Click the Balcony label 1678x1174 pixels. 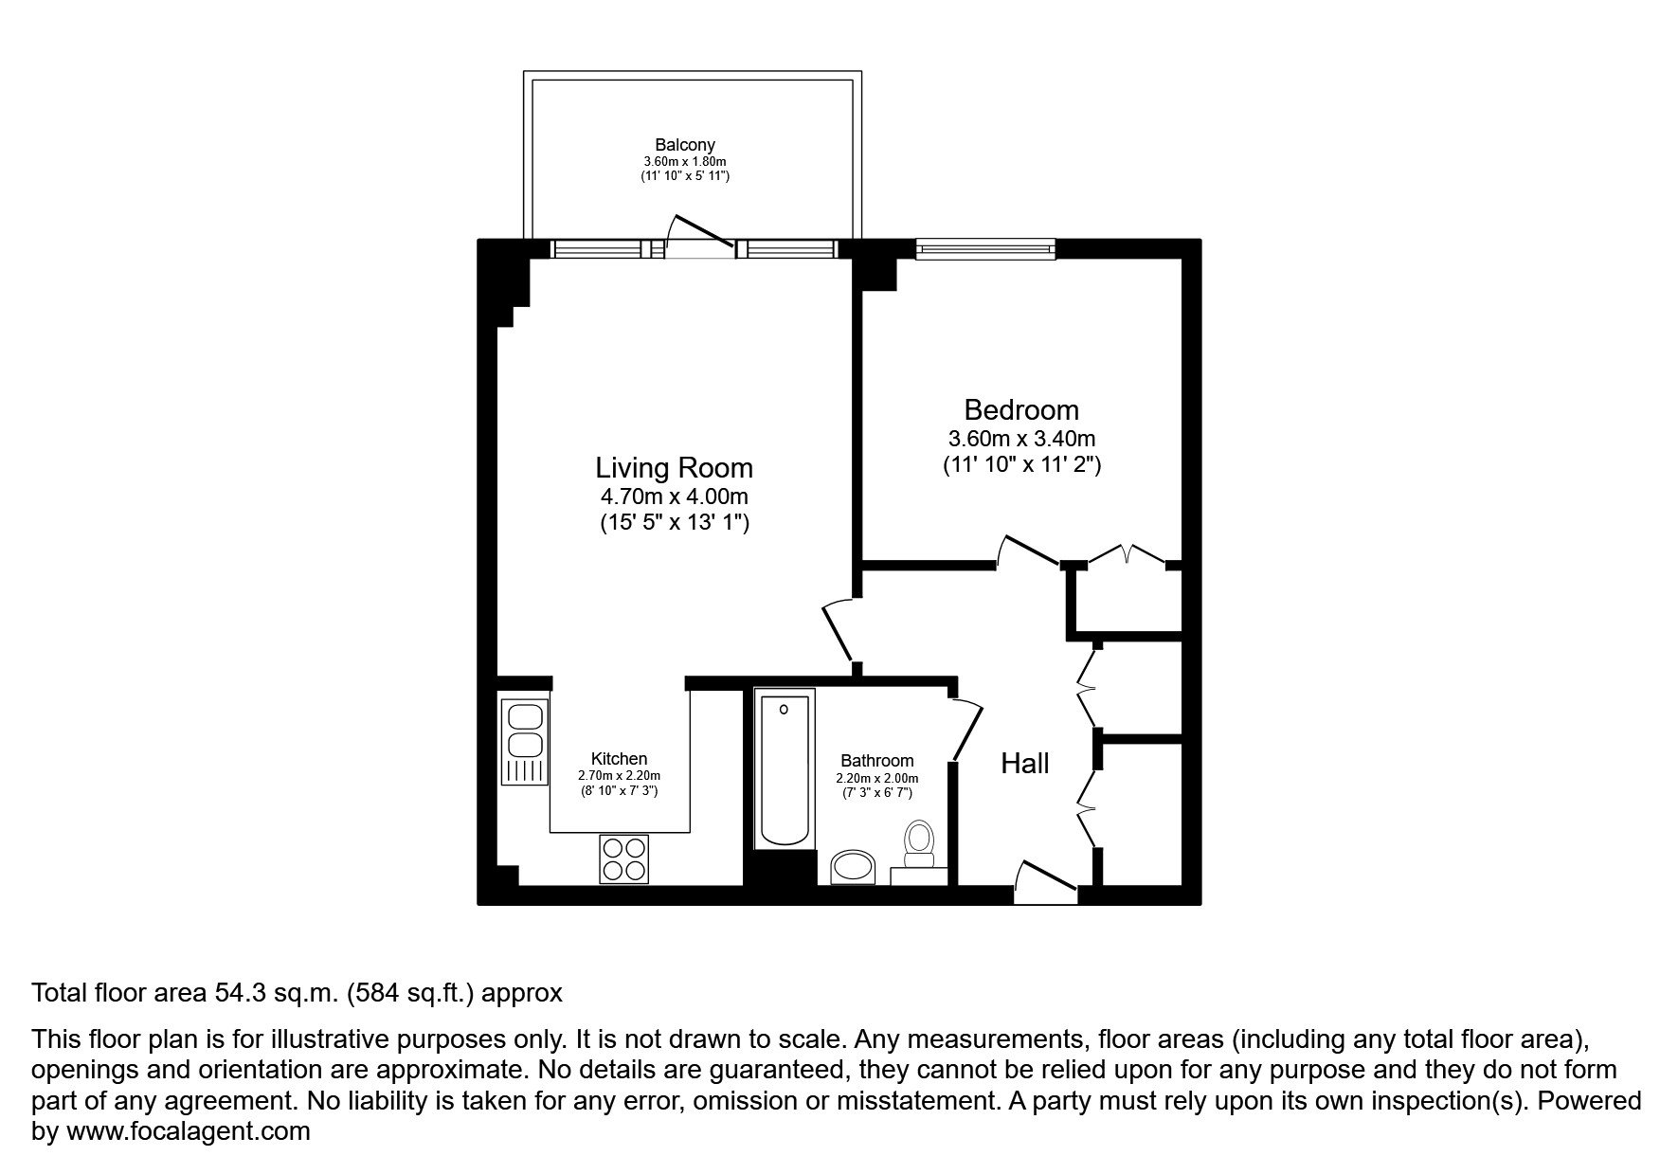(x=685, y=145)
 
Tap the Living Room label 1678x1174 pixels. (x=674, y=467)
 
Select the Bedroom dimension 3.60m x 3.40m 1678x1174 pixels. (x=1021, y=439)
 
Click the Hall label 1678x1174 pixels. (x=1024, y=763)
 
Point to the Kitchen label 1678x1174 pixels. (x=619, y=758)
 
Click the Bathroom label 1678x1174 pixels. (x=876, y=760)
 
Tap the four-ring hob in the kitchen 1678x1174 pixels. (x=623, y=858)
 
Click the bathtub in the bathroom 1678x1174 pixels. (x=784, y=769)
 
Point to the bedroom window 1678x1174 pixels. (x=985, y=249)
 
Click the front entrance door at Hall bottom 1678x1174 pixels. (x=1045, y=878)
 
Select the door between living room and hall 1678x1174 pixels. (x=839, y=630)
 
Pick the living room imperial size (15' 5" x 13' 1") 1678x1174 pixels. (x=674, y=522)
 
